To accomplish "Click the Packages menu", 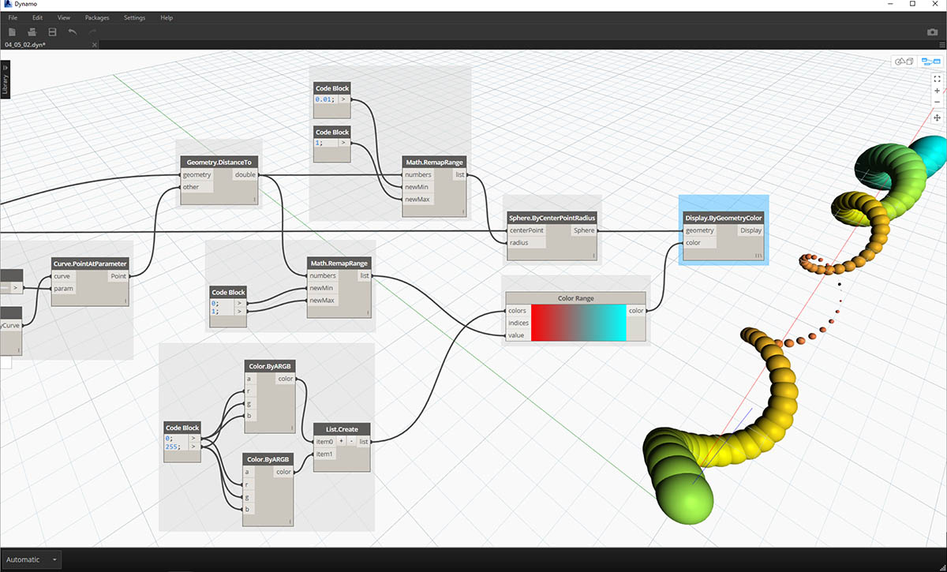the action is [97, 18].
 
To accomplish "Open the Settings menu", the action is [134, 18].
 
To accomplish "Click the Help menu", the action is [167, 18].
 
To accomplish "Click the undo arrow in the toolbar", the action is [73, 32].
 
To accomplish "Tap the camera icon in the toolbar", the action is [932, 32].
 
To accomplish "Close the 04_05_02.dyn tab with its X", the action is [94, 44].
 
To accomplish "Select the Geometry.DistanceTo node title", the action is [219, 163].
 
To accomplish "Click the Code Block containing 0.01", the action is [332, 100].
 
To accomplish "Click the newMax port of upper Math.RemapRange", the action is [417, 199].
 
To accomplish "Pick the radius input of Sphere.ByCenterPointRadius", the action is [518, 243].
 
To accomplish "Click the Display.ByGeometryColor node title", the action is [724, 218].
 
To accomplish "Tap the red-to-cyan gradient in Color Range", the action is [578, 323].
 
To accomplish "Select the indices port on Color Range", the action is [518, 323].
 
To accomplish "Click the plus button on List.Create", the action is [341, 441].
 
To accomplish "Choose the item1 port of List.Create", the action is [324, 454].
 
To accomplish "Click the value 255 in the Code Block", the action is [172, 447].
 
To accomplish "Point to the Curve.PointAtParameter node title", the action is [90, 264].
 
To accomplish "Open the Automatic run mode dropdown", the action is [32, 559].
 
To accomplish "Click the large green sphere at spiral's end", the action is [685, 499].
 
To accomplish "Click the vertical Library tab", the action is [5, 80].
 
